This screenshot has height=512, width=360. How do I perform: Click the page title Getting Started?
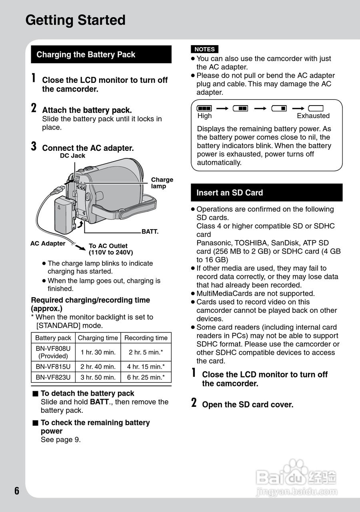point(75,20)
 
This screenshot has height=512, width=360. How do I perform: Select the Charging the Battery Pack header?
point(86,55)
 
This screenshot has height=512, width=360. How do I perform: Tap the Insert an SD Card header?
point(230,193)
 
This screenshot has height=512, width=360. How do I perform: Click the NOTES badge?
point(204,49)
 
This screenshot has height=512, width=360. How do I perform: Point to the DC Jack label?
point(72,156)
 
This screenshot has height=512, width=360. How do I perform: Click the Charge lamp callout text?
point(162,183)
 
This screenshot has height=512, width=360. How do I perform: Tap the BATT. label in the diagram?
point(150,232)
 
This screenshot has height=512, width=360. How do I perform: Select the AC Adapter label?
point(48,244)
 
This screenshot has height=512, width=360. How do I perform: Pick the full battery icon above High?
point(204,108)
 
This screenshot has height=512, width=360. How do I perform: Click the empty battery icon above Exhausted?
point(316,108)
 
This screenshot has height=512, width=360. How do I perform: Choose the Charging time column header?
point(98,338)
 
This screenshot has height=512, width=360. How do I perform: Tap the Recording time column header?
point(146,338)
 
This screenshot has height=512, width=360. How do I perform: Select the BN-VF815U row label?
point(53,367)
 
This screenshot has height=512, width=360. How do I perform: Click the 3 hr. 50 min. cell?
point(98,377)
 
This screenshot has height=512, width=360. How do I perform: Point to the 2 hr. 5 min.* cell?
point(146,352)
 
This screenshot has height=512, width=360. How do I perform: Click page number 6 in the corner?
point(16,491)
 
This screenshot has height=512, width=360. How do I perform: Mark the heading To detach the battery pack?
point(87,394)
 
